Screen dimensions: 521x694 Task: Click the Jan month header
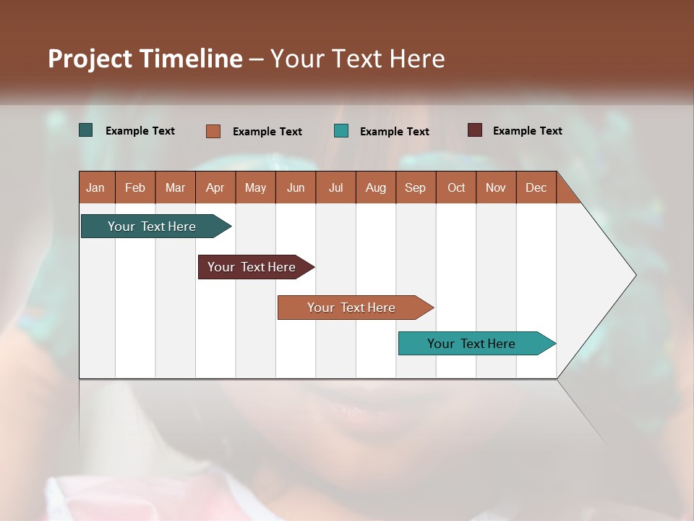point(96,187)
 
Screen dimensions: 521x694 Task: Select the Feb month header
point(135,187)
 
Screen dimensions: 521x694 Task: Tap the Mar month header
point(175,187)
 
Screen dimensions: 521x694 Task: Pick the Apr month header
point(215,187)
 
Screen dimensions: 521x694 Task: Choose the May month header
point(255,187)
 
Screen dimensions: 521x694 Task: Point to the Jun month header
point(296,187)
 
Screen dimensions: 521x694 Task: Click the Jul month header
point(335,187)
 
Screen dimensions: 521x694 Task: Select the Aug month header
point(376,187)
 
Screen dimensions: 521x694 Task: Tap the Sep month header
point(416,187)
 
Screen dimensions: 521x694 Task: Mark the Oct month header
point(456,187)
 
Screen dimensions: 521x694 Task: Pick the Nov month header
point(496,187)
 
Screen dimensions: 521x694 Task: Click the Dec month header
point(536,187)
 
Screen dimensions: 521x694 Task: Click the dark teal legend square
point(86,130)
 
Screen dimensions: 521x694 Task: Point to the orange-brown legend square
point(213,131)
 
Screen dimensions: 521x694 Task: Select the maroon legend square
point(475,130)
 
